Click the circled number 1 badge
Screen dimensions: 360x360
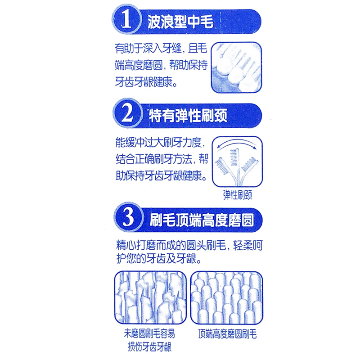[126, 19]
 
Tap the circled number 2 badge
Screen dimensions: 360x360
[127, 113]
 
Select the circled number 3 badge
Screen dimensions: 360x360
[128, 217]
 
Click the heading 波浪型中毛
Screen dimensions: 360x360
[180, 22]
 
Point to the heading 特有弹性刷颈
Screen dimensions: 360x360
[188, 116]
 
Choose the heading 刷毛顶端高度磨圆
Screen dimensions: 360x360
[202, 220]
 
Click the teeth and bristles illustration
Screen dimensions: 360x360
[237, 67]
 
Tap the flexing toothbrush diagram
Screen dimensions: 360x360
[238, 162]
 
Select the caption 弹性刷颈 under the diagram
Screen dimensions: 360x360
[238, 195]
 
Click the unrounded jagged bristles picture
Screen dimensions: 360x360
[150, 297]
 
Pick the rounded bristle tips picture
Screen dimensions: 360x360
[227, 297]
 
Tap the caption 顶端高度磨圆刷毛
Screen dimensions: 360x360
[227, 334]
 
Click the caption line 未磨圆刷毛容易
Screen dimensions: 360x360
[149, 333]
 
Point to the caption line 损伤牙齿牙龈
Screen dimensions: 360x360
[150, 347]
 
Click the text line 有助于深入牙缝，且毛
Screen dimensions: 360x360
[161, 49]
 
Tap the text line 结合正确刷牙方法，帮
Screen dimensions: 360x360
[162, 159]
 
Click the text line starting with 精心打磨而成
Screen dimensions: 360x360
[189, 245]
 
